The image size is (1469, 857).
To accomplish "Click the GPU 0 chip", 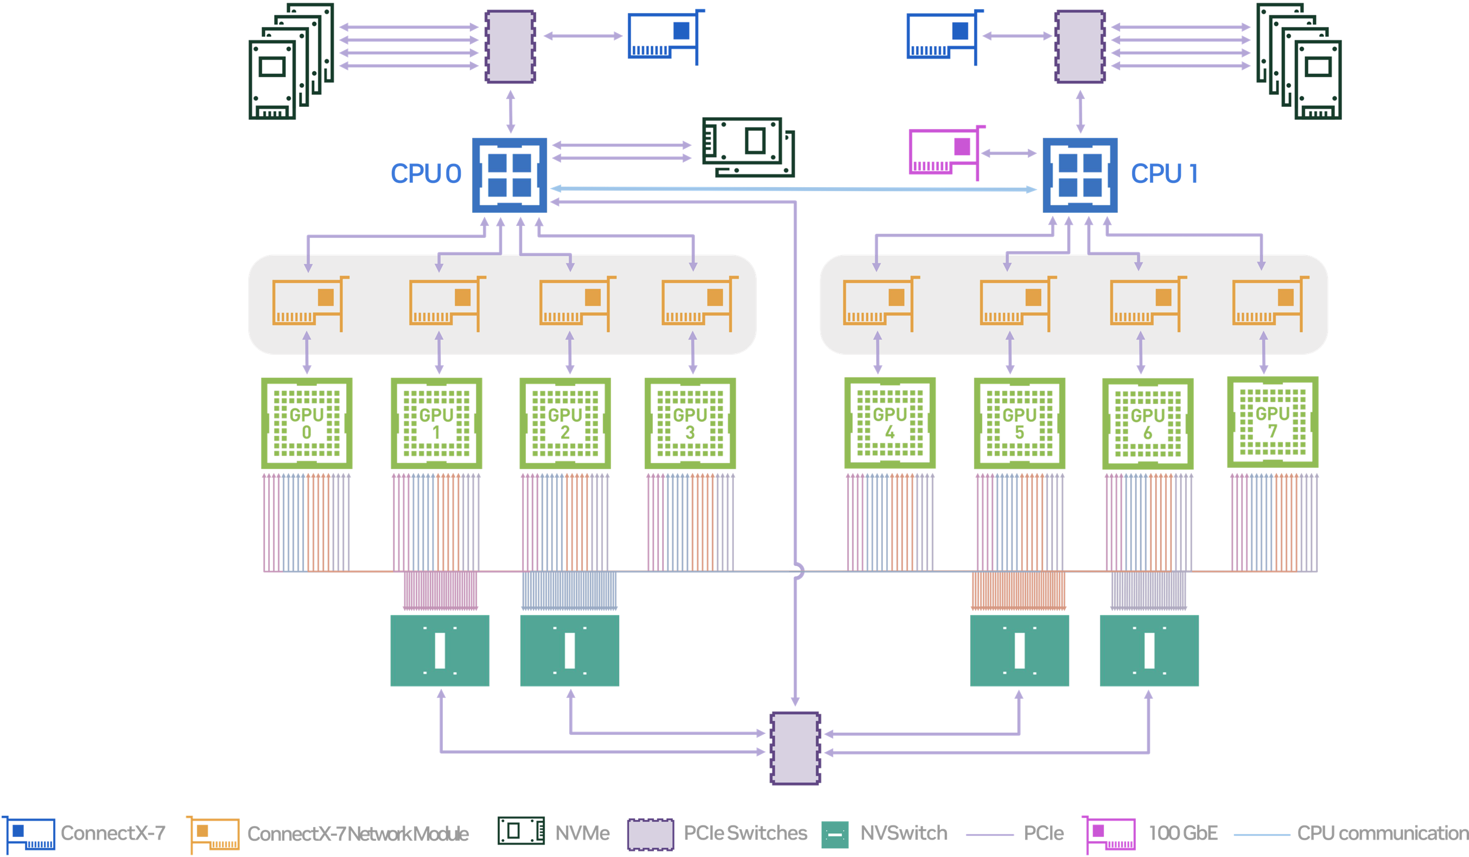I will point(307,423).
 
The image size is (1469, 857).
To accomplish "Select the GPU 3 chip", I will point(690,423).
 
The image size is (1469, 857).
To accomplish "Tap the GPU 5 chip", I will point(1019,423).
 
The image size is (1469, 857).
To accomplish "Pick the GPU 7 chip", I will point(1273,422).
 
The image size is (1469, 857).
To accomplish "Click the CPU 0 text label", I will point(425,174).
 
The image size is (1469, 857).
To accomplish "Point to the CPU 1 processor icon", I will point(1079,175).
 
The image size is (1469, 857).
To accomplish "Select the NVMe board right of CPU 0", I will point(748,147).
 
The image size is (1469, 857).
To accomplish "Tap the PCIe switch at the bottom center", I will point(795,748).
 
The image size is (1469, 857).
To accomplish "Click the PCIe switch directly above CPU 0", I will point(511,47).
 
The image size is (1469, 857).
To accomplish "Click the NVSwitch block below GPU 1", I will point(440,650).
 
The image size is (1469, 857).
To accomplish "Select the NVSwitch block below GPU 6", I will point(1148,650).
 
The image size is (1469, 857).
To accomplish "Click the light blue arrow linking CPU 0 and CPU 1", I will point(793,189).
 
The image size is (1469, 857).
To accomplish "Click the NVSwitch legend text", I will point(904,833).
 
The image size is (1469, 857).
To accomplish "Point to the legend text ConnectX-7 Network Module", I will point(358,834).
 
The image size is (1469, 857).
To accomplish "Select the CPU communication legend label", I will point(1382,833).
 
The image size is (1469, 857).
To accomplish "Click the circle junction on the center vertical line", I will point(796,571).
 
